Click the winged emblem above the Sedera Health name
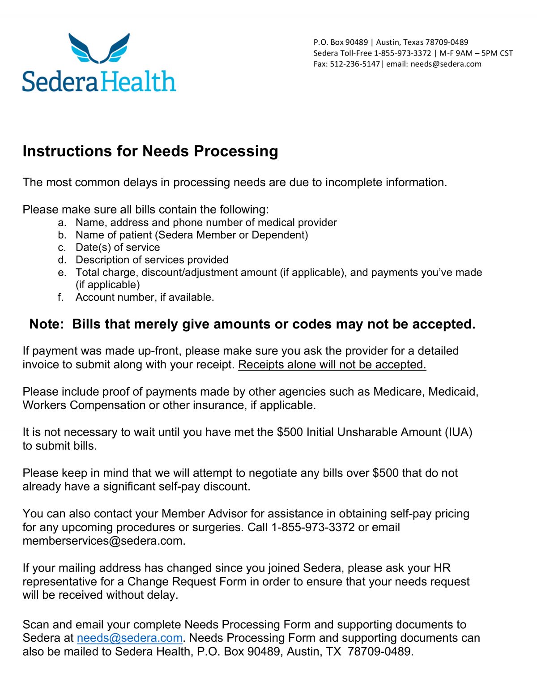tap(99, 48)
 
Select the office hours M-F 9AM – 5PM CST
tap(476, 53)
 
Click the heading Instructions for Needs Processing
tap(150, 151)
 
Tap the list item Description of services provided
tap(152, 260)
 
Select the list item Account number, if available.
tap(145, 297)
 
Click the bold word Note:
tap(47, 324)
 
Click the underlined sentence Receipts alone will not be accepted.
tap(332, 365)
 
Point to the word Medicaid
tap(453, 392)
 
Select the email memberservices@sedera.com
tap(103, 541)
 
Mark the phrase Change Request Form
tap(187, 582)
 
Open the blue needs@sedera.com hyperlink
tap(130, 638)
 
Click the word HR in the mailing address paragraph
tap(442, 568)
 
